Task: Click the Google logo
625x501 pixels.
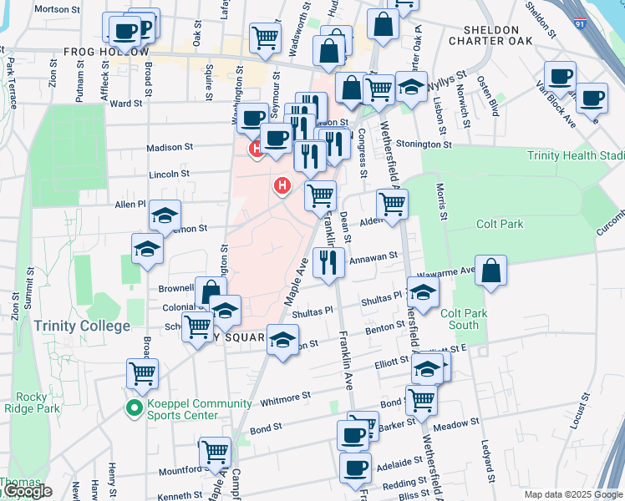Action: click(27, 492)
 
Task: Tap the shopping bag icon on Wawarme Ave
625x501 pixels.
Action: click(492, 271)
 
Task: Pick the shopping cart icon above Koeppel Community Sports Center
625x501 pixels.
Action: click(142, 373)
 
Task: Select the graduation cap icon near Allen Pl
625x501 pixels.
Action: click(165, 215)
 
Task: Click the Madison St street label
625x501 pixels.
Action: click(170, 147)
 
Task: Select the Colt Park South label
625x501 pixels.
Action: click(458, 320)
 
